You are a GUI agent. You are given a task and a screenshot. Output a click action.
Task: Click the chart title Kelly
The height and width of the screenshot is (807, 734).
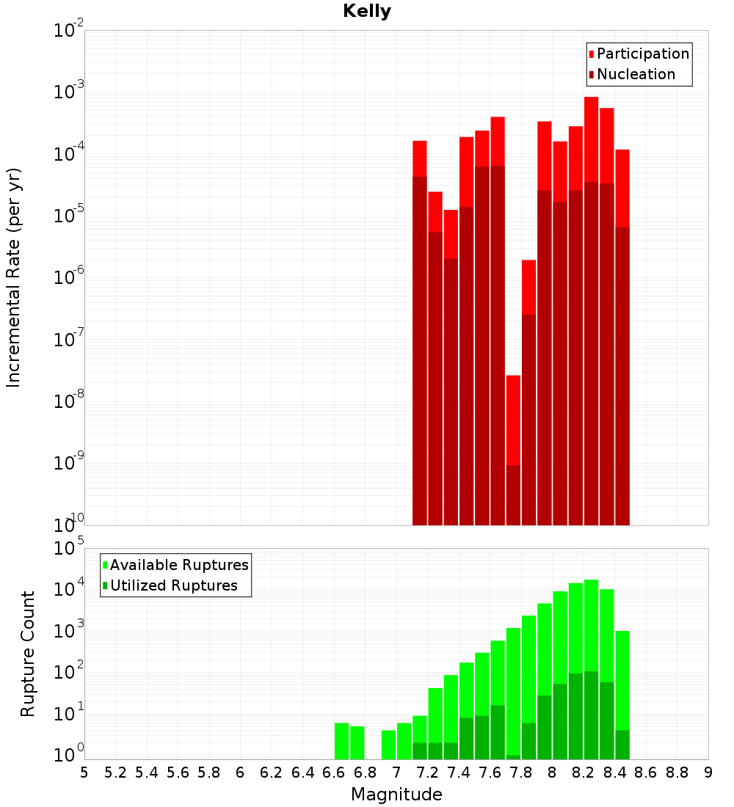pyautogui.click(x=367, y=12)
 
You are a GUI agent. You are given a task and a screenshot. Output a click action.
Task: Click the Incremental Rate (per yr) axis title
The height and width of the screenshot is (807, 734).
pyautogui.click(x=14, y=277)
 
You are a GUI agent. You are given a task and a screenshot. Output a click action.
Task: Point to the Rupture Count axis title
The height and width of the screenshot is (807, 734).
pyautogui.click(x=28, y=654)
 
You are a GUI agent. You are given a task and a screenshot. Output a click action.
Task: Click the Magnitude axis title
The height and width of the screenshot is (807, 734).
pyautogui.click(x=396, y=795)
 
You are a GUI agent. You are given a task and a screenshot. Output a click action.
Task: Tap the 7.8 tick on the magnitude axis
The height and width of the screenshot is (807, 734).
pyautogui.click(x=521, y=772)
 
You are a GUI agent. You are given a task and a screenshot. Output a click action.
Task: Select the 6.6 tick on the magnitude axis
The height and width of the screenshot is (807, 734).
pyautogui.click(x=334, y=772)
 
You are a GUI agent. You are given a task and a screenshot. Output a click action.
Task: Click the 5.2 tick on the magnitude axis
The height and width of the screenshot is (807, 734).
pyautogui.click(x=116, y=772)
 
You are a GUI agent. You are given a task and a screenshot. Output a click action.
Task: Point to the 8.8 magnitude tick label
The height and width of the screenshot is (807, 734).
pyautogui.click(x=677, y=772)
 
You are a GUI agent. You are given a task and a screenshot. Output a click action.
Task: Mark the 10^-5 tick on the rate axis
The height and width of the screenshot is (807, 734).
pyautogui.click(x=69, y=216)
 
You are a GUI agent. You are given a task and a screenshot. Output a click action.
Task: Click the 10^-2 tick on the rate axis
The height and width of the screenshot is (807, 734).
pyautogui.click(x=69, y=31)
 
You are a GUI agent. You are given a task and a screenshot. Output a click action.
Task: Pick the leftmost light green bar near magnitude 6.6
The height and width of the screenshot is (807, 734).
pyautogui.click(x=341, y=741)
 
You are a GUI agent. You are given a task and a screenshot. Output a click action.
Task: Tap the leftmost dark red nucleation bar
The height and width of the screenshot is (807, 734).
pyautogui.click(x=420, y=352)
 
